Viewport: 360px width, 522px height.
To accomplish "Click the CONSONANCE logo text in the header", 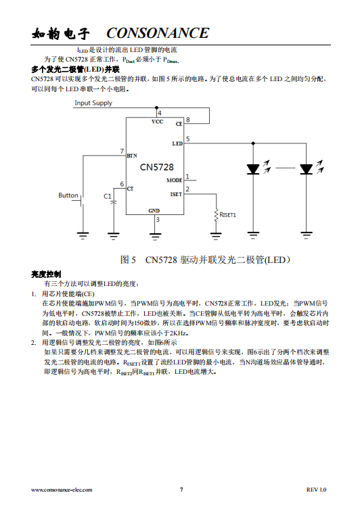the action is [x=158, y=33].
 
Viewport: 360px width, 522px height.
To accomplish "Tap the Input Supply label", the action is [x=93, y=103].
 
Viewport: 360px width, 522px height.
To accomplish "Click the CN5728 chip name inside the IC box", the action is [x=156, y=167].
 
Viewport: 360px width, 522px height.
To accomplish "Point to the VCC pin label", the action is [x=157, y=122].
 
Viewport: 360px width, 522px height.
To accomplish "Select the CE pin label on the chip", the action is [x=179, y=124].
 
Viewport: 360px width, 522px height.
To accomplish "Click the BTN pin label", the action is [x=132, y=156].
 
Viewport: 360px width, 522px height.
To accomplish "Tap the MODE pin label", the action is [x=175, y=180].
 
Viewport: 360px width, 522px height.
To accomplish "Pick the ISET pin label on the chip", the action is [x=176, y=194].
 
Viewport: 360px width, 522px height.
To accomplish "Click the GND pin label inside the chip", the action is [x=154, y=210].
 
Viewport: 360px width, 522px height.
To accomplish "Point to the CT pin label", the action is [x=130, y=189].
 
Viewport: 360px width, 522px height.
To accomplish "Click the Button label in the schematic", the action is [x=68, y=195].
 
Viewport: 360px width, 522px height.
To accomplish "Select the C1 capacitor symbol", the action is [x=114, y=202].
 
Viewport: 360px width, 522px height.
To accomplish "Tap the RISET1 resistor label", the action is [x=228, y=215].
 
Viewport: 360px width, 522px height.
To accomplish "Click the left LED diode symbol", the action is [x=253, y=169].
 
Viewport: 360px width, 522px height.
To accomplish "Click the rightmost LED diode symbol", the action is [x=307, y=169].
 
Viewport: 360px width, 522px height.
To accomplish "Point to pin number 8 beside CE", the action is [x=188, y=120].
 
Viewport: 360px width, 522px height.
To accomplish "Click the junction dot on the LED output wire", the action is [x=253, y=143].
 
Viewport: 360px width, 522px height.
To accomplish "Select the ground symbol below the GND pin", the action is [x=155, y=237].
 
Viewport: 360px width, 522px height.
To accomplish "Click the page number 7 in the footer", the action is [x=181, y=490].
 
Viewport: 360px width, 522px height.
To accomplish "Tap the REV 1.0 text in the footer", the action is [x=317, y=490].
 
